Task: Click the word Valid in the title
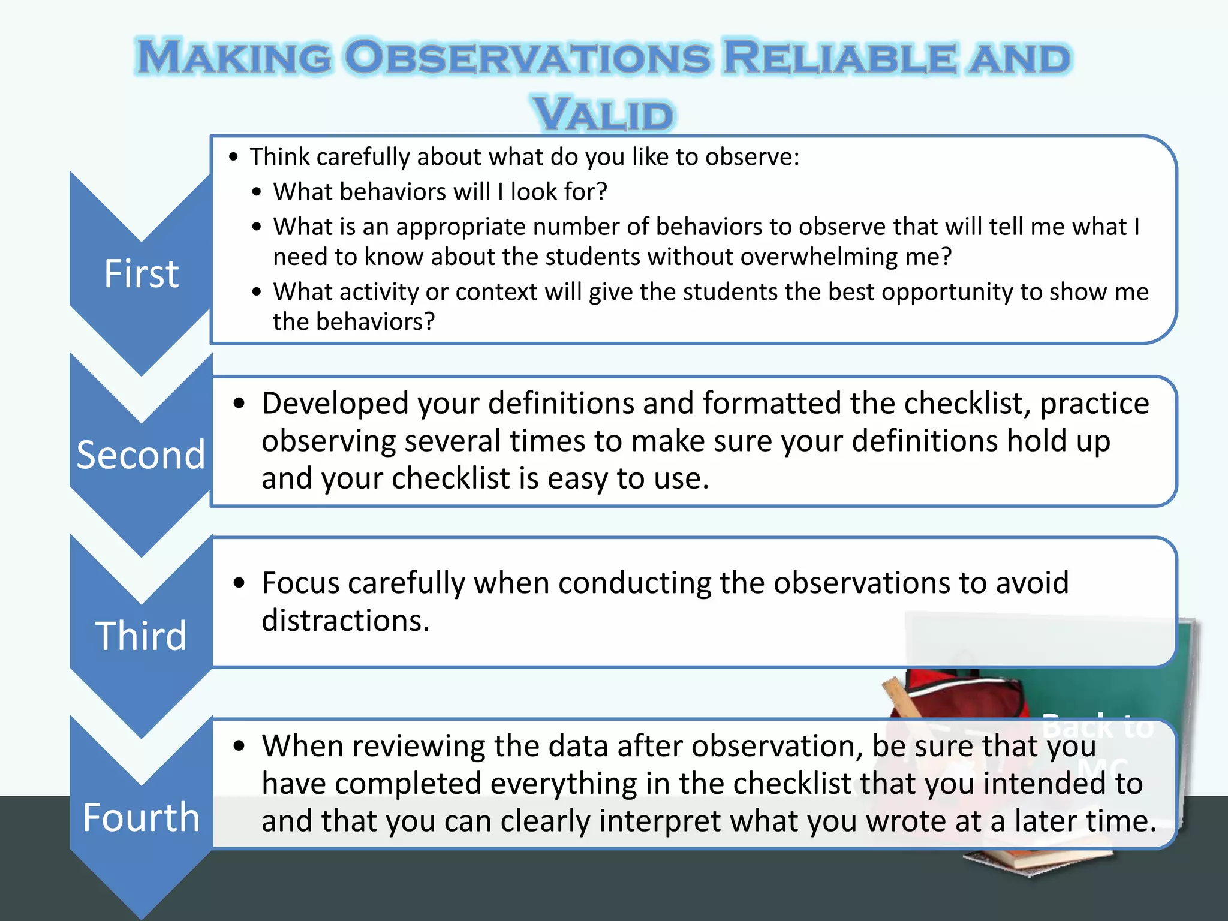604,115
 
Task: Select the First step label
142,274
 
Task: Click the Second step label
141,455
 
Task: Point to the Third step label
142,636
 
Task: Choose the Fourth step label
142,817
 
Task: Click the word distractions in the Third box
345,620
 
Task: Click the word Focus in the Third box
303,583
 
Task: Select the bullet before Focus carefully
240,583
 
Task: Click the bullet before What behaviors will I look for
257,192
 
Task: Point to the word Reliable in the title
840,58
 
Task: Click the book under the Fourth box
1037,861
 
